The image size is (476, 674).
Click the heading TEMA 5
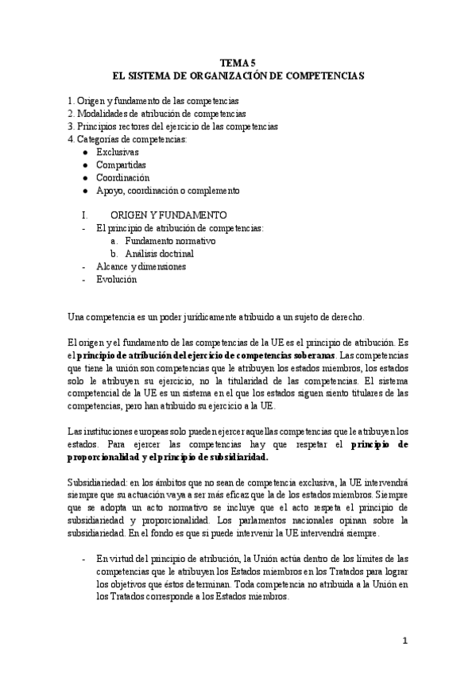(x=238, y=63)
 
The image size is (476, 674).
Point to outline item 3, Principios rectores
(x=172, y=126)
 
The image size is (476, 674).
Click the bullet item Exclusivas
(x=117, y=152)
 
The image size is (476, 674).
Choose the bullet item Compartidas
(x=121, y=165)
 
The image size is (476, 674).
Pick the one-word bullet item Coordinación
(x=122, y=177)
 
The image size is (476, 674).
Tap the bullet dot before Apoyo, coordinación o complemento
(x=85, y=191)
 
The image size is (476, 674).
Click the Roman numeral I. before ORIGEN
(x=84, y=215)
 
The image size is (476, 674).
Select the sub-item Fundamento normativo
(x=170, y=241)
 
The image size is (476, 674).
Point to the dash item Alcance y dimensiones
(x=141, y=267)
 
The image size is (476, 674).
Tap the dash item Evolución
(x=116, y=280)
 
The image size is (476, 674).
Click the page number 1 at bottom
(x=404, y=641)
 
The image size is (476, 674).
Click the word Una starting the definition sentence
(x=76, y=317)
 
